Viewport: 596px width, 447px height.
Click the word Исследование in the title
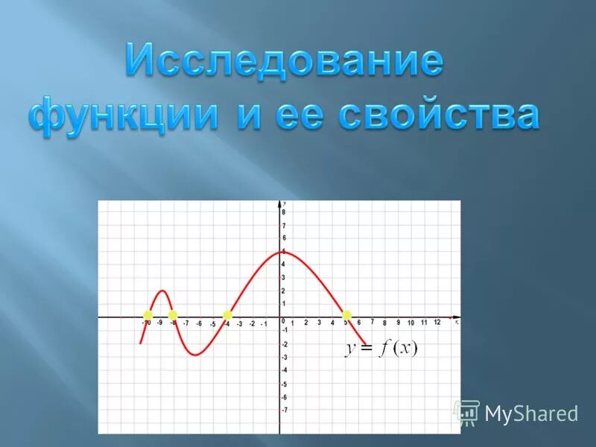[284, 61]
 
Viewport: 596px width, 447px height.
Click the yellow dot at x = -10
[148, 315]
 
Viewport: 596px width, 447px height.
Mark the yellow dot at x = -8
[173, 315]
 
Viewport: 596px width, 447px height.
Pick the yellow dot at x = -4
[227, 315]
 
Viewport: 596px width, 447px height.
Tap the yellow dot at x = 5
[346, 315]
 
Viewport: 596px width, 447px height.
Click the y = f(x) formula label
[381, 349]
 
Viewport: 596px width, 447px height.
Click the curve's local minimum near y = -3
[194, 355]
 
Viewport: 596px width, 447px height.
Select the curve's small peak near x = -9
[162, 291]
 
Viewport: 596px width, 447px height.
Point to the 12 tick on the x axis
[437, 323]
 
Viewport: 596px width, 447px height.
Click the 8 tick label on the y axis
[284, 212]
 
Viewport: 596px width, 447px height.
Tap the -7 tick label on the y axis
[284, 410]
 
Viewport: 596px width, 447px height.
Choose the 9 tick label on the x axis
[398, 323]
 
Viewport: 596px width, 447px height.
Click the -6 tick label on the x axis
[199, 324]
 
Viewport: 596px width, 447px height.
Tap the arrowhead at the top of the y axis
[280, 203]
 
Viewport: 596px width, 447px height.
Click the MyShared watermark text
[531, 413]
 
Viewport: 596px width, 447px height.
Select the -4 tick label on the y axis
[284, 370]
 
